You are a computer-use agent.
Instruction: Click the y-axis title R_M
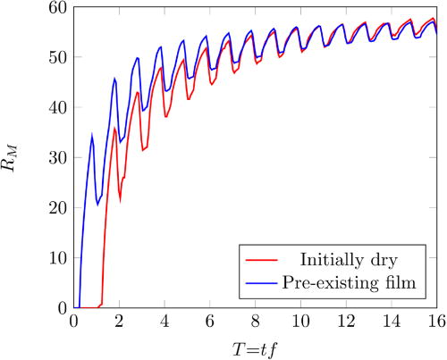click(20, 159)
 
